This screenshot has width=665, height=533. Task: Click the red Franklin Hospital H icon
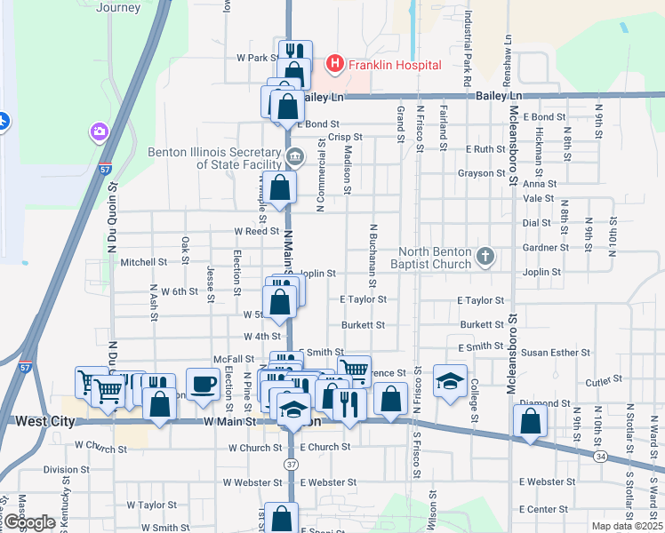335,64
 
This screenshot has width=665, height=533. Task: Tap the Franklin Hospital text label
395,65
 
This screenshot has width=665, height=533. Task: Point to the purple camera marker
99,132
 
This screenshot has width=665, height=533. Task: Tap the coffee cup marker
203,383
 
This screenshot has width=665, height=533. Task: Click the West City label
45,421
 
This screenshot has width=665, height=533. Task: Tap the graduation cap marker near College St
450,380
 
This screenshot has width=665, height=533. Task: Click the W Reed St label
257,231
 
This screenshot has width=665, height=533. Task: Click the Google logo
29,522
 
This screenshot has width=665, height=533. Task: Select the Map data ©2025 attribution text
628,526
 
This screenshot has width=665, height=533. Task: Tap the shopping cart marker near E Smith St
355,368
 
